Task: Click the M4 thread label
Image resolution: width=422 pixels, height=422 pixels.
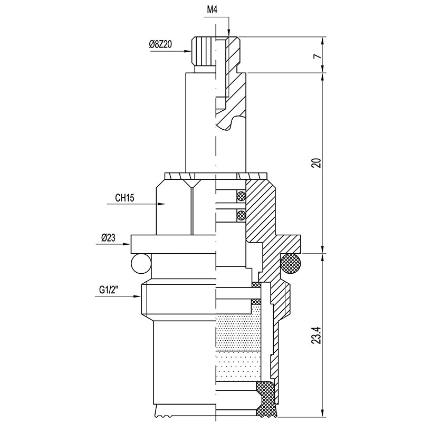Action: (212, 11)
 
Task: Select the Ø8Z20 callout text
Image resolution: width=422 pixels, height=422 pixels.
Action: (160, 44)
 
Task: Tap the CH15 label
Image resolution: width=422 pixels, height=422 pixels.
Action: (124, 198)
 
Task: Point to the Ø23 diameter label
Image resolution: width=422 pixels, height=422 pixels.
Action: (108, 238)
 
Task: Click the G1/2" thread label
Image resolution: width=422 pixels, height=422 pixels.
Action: (109, 290)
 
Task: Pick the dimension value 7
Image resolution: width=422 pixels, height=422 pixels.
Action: (318, 56)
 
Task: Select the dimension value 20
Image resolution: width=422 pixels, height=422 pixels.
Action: (318, 163)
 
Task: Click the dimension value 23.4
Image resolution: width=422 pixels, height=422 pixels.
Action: (318, 335)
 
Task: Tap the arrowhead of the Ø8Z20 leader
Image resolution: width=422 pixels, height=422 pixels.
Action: (188, 51)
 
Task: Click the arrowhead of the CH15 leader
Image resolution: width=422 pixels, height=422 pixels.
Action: (161, 204)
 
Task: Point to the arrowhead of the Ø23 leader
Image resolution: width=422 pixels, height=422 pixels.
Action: (127, 244)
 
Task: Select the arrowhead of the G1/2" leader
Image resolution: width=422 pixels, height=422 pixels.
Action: (137, 296)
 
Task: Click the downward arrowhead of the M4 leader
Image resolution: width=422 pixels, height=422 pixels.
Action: (228, 33)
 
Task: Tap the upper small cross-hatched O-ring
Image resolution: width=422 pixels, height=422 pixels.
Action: (241, 196)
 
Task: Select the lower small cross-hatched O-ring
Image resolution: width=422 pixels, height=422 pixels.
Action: (241, 215)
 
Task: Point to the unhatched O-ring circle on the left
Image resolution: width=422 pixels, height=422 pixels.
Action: (141, 264)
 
